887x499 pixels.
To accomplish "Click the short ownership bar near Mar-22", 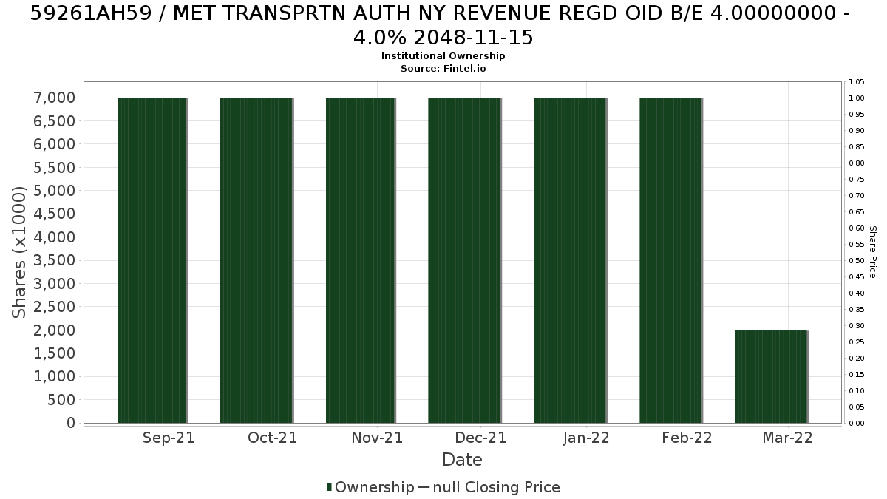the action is tap(771, 376).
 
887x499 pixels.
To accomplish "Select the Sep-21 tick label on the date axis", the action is tap(169, 438).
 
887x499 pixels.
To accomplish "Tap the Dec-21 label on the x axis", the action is tap(480, 438).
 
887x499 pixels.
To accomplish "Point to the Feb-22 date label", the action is tap(687, 438).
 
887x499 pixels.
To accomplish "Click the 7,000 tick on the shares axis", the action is tap(54, 98).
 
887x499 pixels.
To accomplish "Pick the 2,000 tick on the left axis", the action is tap(54, 330).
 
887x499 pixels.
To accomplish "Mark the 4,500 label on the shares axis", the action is tap(54, 214).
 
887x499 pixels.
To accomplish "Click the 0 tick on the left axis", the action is tap(71, 423).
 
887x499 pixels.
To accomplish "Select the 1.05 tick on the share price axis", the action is tap(857, 82).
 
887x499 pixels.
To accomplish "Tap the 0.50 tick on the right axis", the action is tap(857, 260).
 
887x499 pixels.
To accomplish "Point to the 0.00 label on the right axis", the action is tap(857, 424).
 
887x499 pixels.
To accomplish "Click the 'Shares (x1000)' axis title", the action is tap(18, 252).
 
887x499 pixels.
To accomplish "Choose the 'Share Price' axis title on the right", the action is tap(873, 252).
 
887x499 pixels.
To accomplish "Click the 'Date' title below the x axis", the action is tap(462, 460).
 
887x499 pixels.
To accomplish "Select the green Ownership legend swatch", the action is tap(329, 487).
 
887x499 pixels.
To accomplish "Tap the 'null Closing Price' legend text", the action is tap(497, 487).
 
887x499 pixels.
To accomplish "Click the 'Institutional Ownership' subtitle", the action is tap(443, 56).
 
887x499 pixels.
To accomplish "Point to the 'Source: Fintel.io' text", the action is tap(443, 69).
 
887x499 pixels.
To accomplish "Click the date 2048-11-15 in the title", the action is tap(474, 38).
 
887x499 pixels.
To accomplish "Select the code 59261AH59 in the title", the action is tap(91, 14).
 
